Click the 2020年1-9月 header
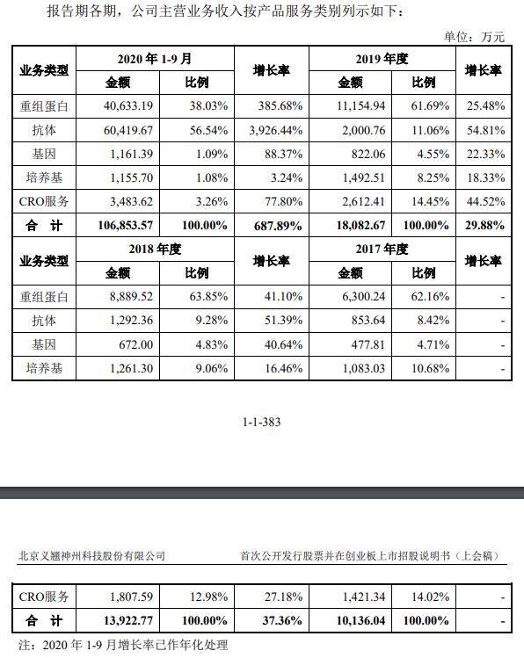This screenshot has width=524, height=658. tap(155, 59)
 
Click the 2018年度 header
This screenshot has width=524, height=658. tap(155, 249)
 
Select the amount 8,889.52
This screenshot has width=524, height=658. tap(133, 296)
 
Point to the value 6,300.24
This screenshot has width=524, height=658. tap(361, 296)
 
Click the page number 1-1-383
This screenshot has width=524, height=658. tap(262, 423)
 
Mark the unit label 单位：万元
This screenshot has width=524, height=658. tap(477, 36)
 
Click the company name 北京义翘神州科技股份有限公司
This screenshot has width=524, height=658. tap(91, 555)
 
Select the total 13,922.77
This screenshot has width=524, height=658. tap(128, 621)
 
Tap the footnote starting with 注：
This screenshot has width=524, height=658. tap(123, 646)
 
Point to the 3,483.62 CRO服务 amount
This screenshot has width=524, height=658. tap(133, 201)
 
